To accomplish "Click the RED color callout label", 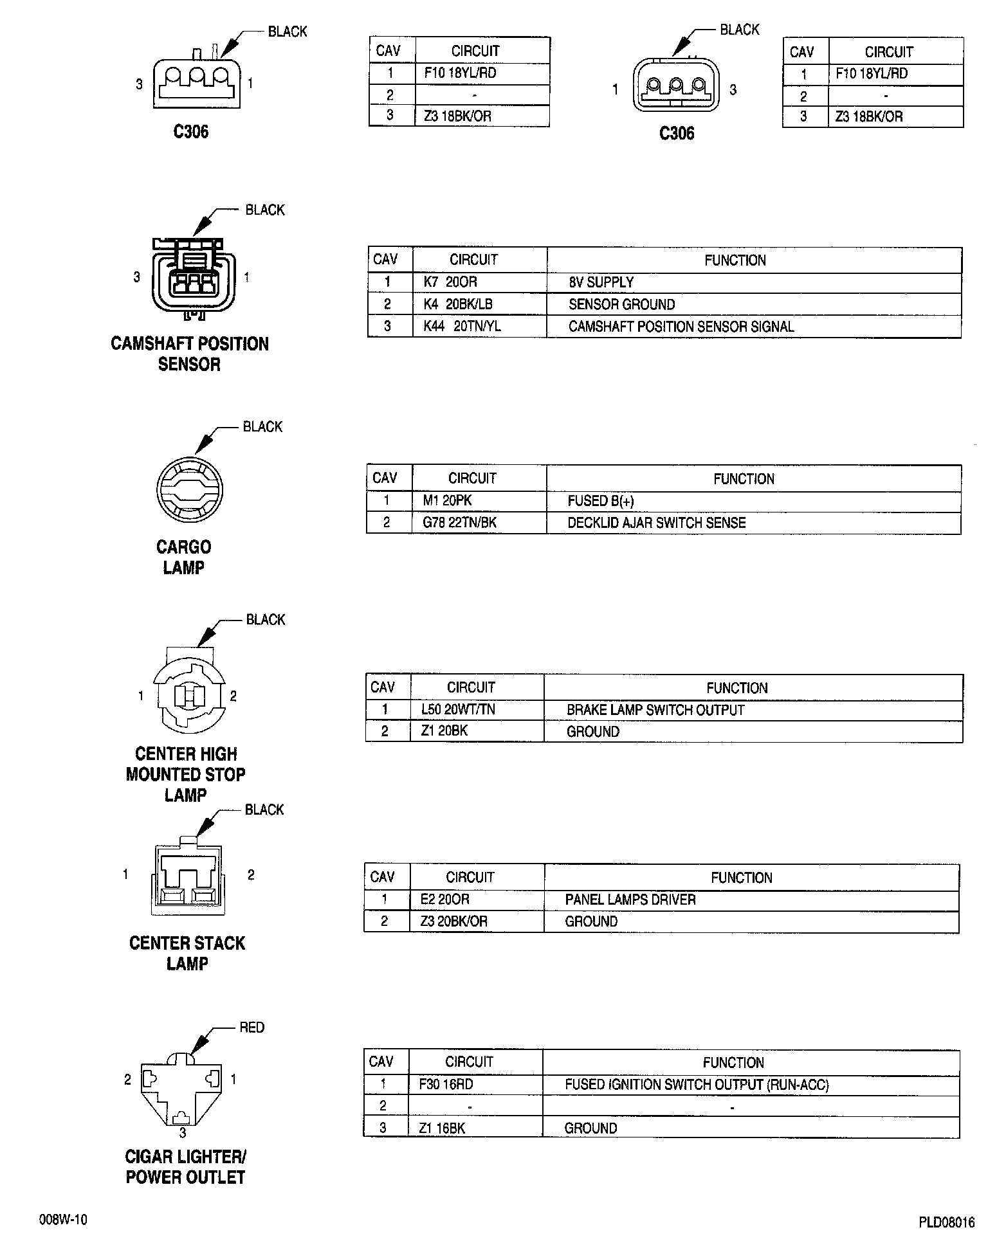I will pos(252,1028).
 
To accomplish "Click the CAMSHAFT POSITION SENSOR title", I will pos(190,354).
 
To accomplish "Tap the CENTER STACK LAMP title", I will pos(187,953).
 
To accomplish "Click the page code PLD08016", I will pos(946,1222).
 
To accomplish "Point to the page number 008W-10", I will pos(63,1220).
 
